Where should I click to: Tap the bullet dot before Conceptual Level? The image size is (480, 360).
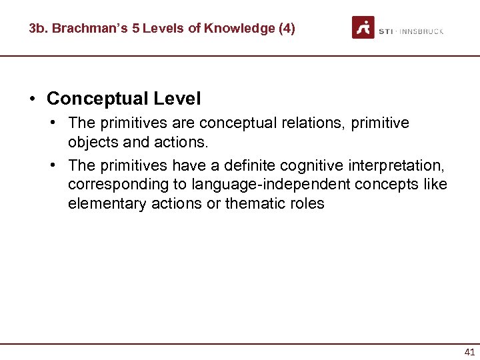(32, 99)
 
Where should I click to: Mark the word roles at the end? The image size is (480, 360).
(307, 203)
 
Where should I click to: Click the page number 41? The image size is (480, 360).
(469, 352)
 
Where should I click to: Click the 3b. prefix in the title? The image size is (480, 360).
(39, 28)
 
